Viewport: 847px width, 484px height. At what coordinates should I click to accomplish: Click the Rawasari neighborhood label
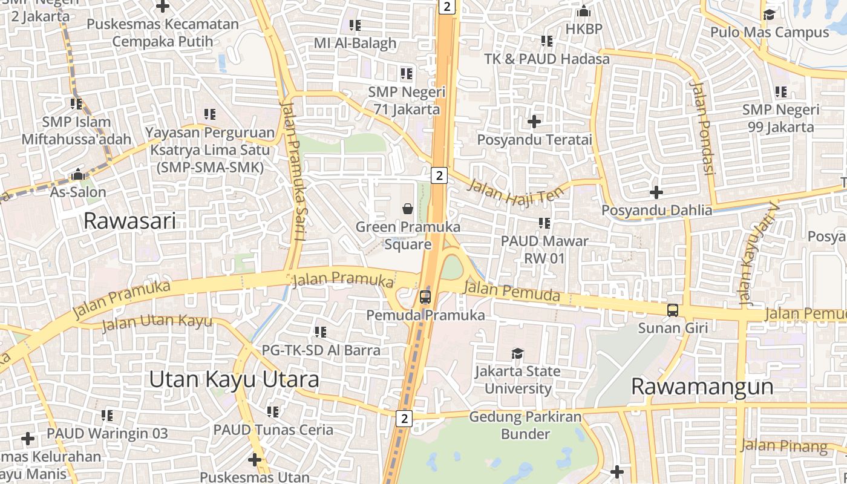(x=129, y=221)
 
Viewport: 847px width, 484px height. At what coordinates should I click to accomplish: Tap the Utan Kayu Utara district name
(x=234, y=379)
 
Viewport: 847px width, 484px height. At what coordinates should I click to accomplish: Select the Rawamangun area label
(x=702, y=387)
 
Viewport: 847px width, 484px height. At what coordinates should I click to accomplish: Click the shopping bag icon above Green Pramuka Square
(x=408, y=209)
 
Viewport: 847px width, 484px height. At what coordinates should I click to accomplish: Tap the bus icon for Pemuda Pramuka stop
(x=425, y=297)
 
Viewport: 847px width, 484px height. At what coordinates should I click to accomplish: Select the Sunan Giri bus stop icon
(x=672, y=310)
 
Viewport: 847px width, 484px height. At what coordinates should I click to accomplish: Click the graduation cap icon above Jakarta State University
(x=517, y=353)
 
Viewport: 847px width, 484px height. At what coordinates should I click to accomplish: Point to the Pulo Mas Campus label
(x=769, y=32)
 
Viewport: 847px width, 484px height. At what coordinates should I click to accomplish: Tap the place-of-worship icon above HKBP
(x=583, y=11)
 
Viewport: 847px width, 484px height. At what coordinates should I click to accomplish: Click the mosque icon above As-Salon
(x=77, y=175)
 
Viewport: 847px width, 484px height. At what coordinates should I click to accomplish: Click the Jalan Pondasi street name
(x=703, y=128)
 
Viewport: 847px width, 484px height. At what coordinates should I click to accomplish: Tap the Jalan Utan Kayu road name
(x=157, y=323)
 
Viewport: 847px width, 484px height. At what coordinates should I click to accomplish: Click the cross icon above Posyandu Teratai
(x=534, y=122)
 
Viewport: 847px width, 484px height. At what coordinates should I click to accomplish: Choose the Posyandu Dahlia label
(x=656, y=211)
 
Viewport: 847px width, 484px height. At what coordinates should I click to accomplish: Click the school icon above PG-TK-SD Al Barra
(x=320, y=332)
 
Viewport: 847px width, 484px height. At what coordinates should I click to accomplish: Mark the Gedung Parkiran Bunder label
(x=525, y=425)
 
